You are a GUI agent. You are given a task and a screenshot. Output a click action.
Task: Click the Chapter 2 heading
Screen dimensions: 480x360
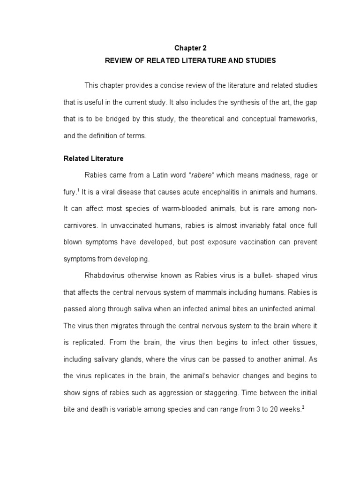tap(190, 48)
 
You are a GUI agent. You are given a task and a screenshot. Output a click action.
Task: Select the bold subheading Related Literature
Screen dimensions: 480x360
tap(93, 158)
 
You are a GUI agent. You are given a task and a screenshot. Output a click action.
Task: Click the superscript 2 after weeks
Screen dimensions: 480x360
tap(303, 407)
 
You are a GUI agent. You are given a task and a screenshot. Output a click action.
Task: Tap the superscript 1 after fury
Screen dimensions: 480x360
tap(79, 190)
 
